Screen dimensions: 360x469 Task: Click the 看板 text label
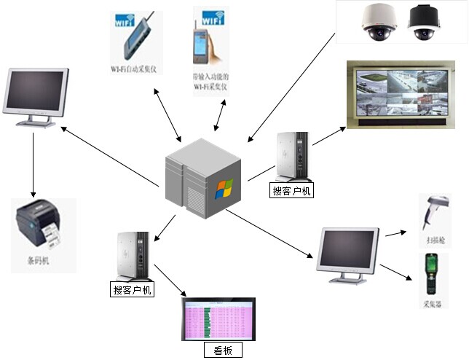click(x=222, y=351)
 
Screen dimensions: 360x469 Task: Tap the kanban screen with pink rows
click(x=218, y=319)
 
